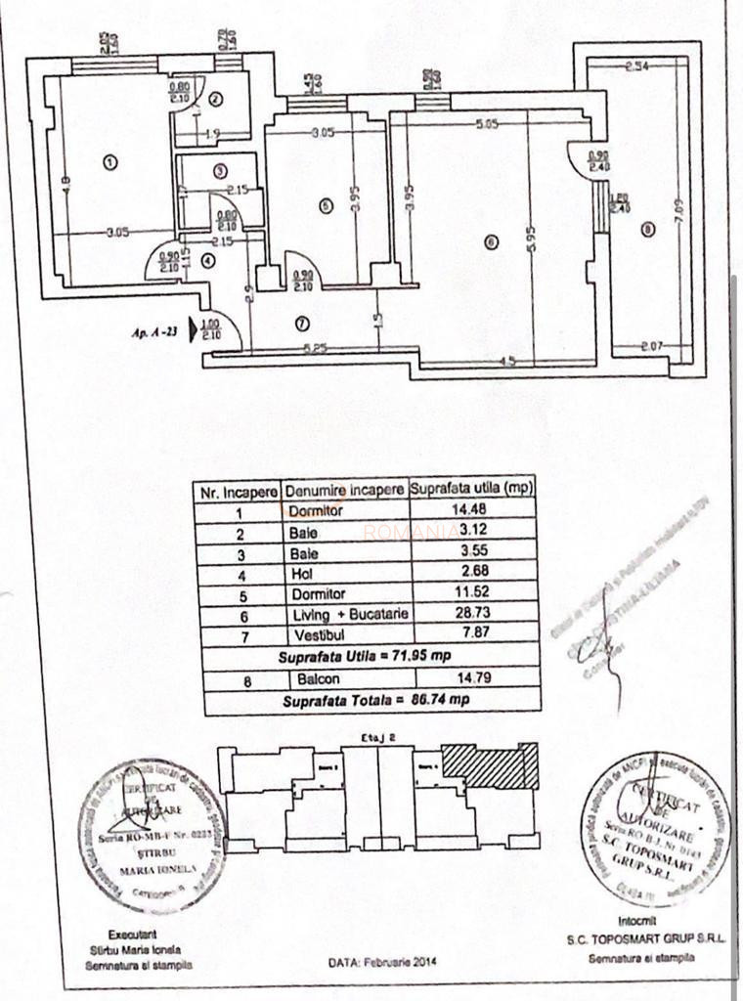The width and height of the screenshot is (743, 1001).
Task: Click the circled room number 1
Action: tap(109, 162)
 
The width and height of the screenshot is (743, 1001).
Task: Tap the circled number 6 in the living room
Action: tap(491, 242)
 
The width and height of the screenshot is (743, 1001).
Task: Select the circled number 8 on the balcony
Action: tap(647, 230)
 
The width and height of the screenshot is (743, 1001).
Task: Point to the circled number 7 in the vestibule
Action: tap(301, 321)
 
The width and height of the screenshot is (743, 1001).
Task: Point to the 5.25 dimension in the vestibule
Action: tap(313, 347)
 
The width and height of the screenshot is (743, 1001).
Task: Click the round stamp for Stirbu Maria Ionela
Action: tap(152, 836)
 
